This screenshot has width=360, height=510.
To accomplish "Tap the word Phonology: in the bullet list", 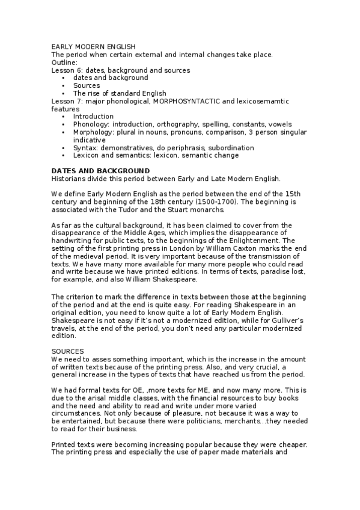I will [91, 124].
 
